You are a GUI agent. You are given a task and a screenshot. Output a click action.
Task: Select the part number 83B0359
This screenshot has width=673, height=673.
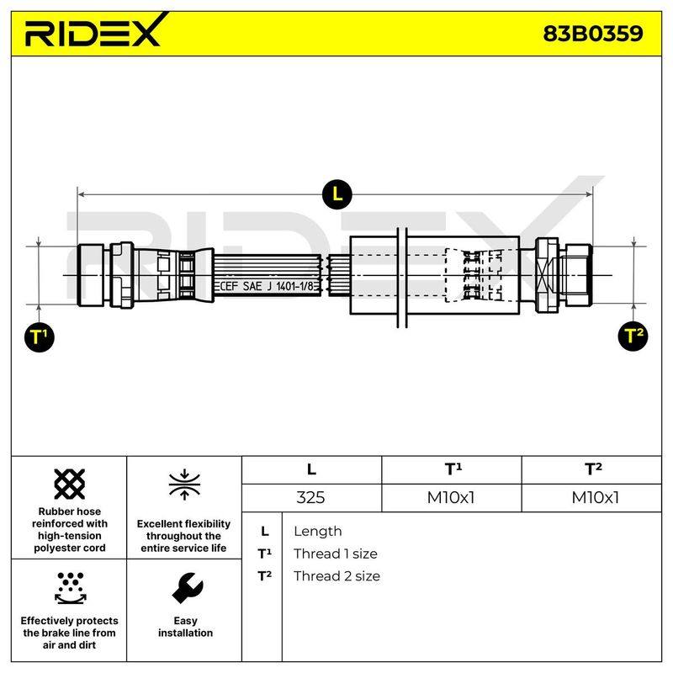pyautogui.click(x=593, y=34)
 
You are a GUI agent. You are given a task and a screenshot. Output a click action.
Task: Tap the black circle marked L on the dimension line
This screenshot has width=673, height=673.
pyautogui.click(x=337, y=194)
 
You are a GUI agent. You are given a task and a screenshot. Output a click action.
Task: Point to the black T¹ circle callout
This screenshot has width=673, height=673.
pyautogui.click(x=39, y=337)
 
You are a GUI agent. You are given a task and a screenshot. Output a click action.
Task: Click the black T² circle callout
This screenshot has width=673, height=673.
pyautogui.click(x=633, y=336)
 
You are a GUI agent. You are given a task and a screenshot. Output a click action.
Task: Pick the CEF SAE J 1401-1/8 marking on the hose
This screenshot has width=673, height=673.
pyautogui.click(x=267, y=286)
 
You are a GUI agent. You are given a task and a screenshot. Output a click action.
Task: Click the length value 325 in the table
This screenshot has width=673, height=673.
pyautogui.click(x=310, y=497)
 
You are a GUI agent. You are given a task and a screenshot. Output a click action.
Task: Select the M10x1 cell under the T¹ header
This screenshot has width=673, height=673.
pyautogui.click(x=451, y=497)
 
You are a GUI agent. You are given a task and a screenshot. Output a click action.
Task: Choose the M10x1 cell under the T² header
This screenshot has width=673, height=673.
pyautogui.click(x=595, y=497)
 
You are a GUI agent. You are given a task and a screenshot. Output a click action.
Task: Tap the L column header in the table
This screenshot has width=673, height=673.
pyautogui.click(x=311, y=469)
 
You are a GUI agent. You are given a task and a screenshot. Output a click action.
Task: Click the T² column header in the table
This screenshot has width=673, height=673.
pyautogui.click(x=593, y=469)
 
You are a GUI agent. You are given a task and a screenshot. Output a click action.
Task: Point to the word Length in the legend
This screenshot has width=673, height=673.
pyautogui.click(x=318, y=532)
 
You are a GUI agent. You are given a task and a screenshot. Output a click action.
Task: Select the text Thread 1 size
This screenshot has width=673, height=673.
pyautogui.click(x=335, y=554)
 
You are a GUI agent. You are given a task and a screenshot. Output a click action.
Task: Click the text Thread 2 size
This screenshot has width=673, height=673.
pyautogui.click(x=337, y=576)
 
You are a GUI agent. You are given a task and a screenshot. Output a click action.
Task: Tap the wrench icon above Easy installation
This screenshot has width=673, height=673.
pyautogui.click(x=187, y=588)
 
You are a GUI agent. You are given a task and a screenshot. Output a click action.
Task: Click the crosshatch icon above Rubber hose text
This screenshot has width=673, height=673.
pyautogui.click(x=70, y=484)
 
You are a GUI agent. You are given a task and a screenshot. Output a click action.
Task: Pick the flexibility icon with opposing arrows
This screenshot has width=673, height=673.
pyautogui.click(x=184, y=485)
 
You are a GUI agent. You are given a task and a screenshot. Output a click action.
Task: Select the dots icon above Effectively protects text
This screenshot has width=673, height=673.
pyautogui.click(x=71, y=588)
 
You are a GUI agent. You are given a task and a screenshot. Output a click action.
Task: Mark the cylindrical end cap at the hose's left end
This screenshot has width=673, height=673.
pyautogui.click(x=91, y=275)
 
